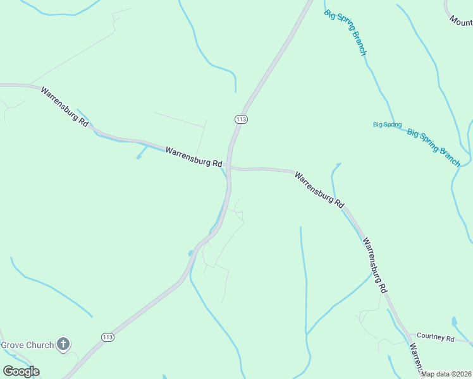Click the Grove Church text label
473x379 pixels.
click(x=27, y=345)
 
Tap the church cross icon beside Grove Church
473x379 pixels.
click(x=63, y=344)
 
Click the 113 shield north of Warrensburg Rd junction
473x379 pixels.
click(x=240, y=119)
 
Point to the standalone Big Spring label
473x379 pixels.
click(x=387, y=124)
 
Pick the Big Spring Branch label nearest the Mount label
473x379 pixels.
click(x=346, y=32)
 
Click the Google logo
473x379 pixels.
click(x=21, y=371)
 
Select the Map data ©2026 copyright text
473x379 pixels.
click(x=446, y=374)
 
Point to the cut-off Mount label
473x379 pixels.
click(x=461, y=21)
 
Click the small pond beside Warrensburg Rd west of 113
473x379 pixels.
click(x=138, y=157)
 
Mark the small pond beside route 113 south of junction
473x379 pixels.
click(x=190, y=253)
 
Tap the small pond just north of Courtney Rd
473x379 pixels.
click(x=454, y=322)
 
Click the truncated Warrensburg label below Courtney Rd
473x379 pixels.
click(x=415, y=358)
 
